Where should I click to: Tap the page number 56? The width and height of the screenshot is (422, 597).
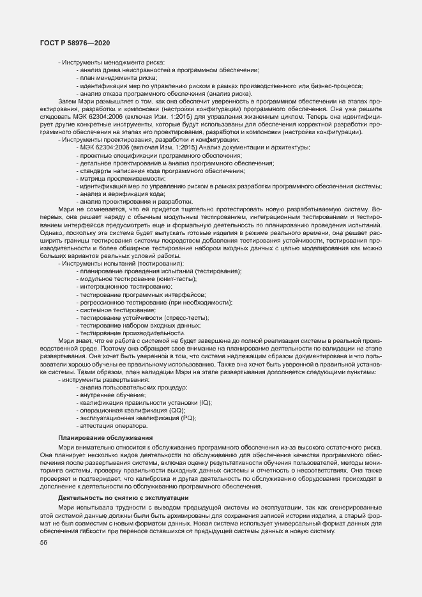point(43,543)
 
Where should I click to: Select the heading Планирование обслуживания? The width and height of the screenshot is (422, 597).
point(105,437)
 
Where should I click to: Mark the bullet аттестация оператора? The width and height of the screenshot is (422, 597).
point(114,425)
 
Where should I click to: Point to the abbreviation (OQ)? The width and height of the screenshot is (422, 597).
point(169,411)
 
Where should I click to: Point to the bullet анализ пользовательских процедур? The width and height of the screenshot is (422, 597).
point(133,388)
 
